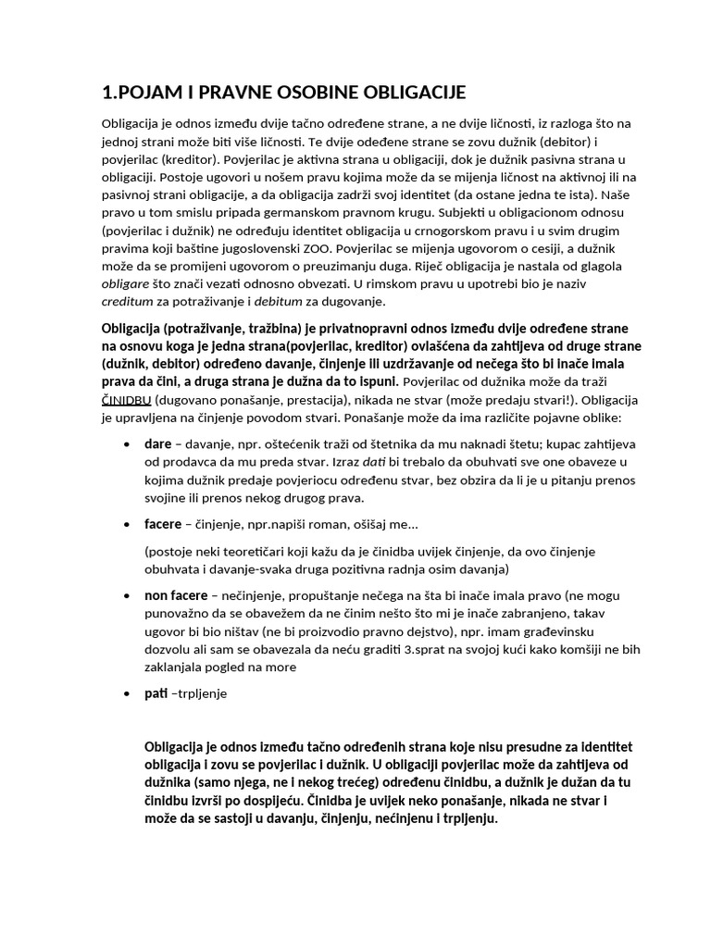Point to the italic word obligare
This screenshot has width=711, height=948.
point(126,283)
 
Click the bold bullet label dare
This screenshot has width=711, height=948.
point(157,443)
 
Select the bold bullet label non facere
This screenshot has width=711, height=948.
point(176,594)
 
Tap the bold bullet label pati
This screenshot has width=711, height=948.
point(156,692)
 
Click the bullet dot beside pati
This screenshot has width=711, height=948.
point(127,692)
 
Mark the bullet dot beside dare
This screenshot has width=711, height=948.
point(127,444)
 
